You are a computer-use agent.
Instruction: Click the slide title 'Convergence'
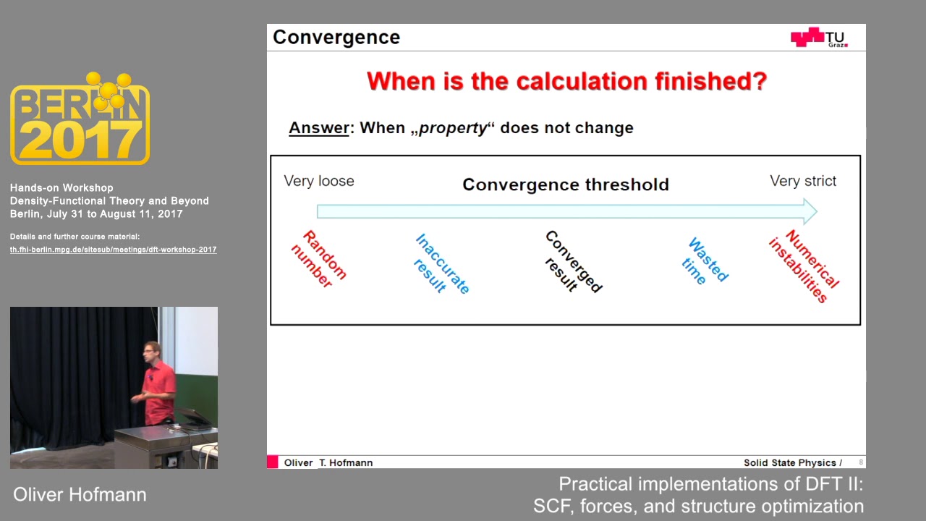click(336, 38)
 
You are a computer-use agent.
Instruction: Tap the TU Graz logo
click(818, 38)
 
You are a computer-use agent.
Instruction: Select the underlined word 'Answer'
click(319, 128)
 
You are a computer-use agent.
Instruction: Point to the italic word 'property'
click(454, 128)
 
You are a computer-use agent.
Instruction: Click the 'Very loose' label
click(319, 181)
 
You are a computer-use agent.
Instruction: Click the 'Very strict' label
click(803, 181)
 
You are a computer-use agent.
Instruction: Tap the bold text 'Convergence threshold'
click(566, 185)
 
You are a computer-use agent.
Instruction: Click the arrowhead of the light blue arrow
click(809, 211)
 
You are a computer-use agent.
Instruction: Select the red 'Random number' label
click(319, 260)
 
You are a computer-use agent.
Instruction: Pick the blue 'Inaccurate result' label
click(441, 265)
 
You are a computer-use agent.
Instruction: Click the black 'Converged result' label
click(572, 262)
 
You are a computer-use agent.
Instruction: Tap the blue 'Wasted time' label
click(705, 261)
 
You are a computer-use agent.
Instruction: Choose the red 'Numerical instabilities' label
click(803, 266)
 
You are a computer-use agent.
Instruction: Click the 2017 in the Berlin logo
click(80, 140)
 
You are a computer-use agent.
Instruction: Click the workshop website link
click(113, 250)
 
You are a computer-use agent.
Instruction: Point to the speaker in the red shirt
click(158, 384)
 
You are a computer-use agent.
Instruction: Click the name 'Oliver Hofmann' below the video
click(80, 495)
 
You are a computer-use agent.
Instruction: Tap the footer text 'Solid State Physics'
click(790, 463)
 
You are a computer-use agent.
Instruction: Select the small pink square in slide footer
click(272, 462)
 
